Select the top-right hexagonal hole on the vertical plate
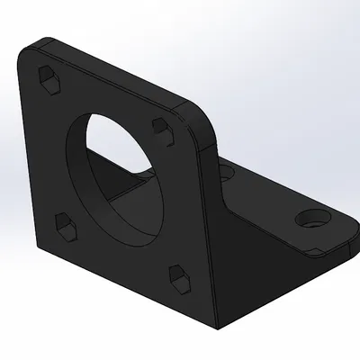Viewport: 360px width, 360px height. (162, 128)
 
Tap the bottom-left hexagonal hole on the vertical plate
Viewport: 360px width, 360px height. (63, 226)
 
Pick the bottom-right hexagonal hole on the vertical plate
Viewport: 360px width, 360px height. (179, 275)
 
